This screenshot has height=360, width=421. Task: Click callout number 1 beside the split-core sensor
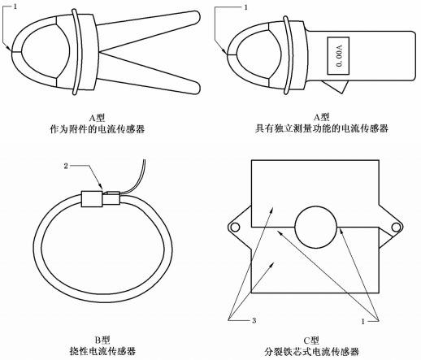coord(362,319)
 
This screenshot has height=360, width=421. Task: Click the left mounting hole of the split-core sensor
coord(235,227)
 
